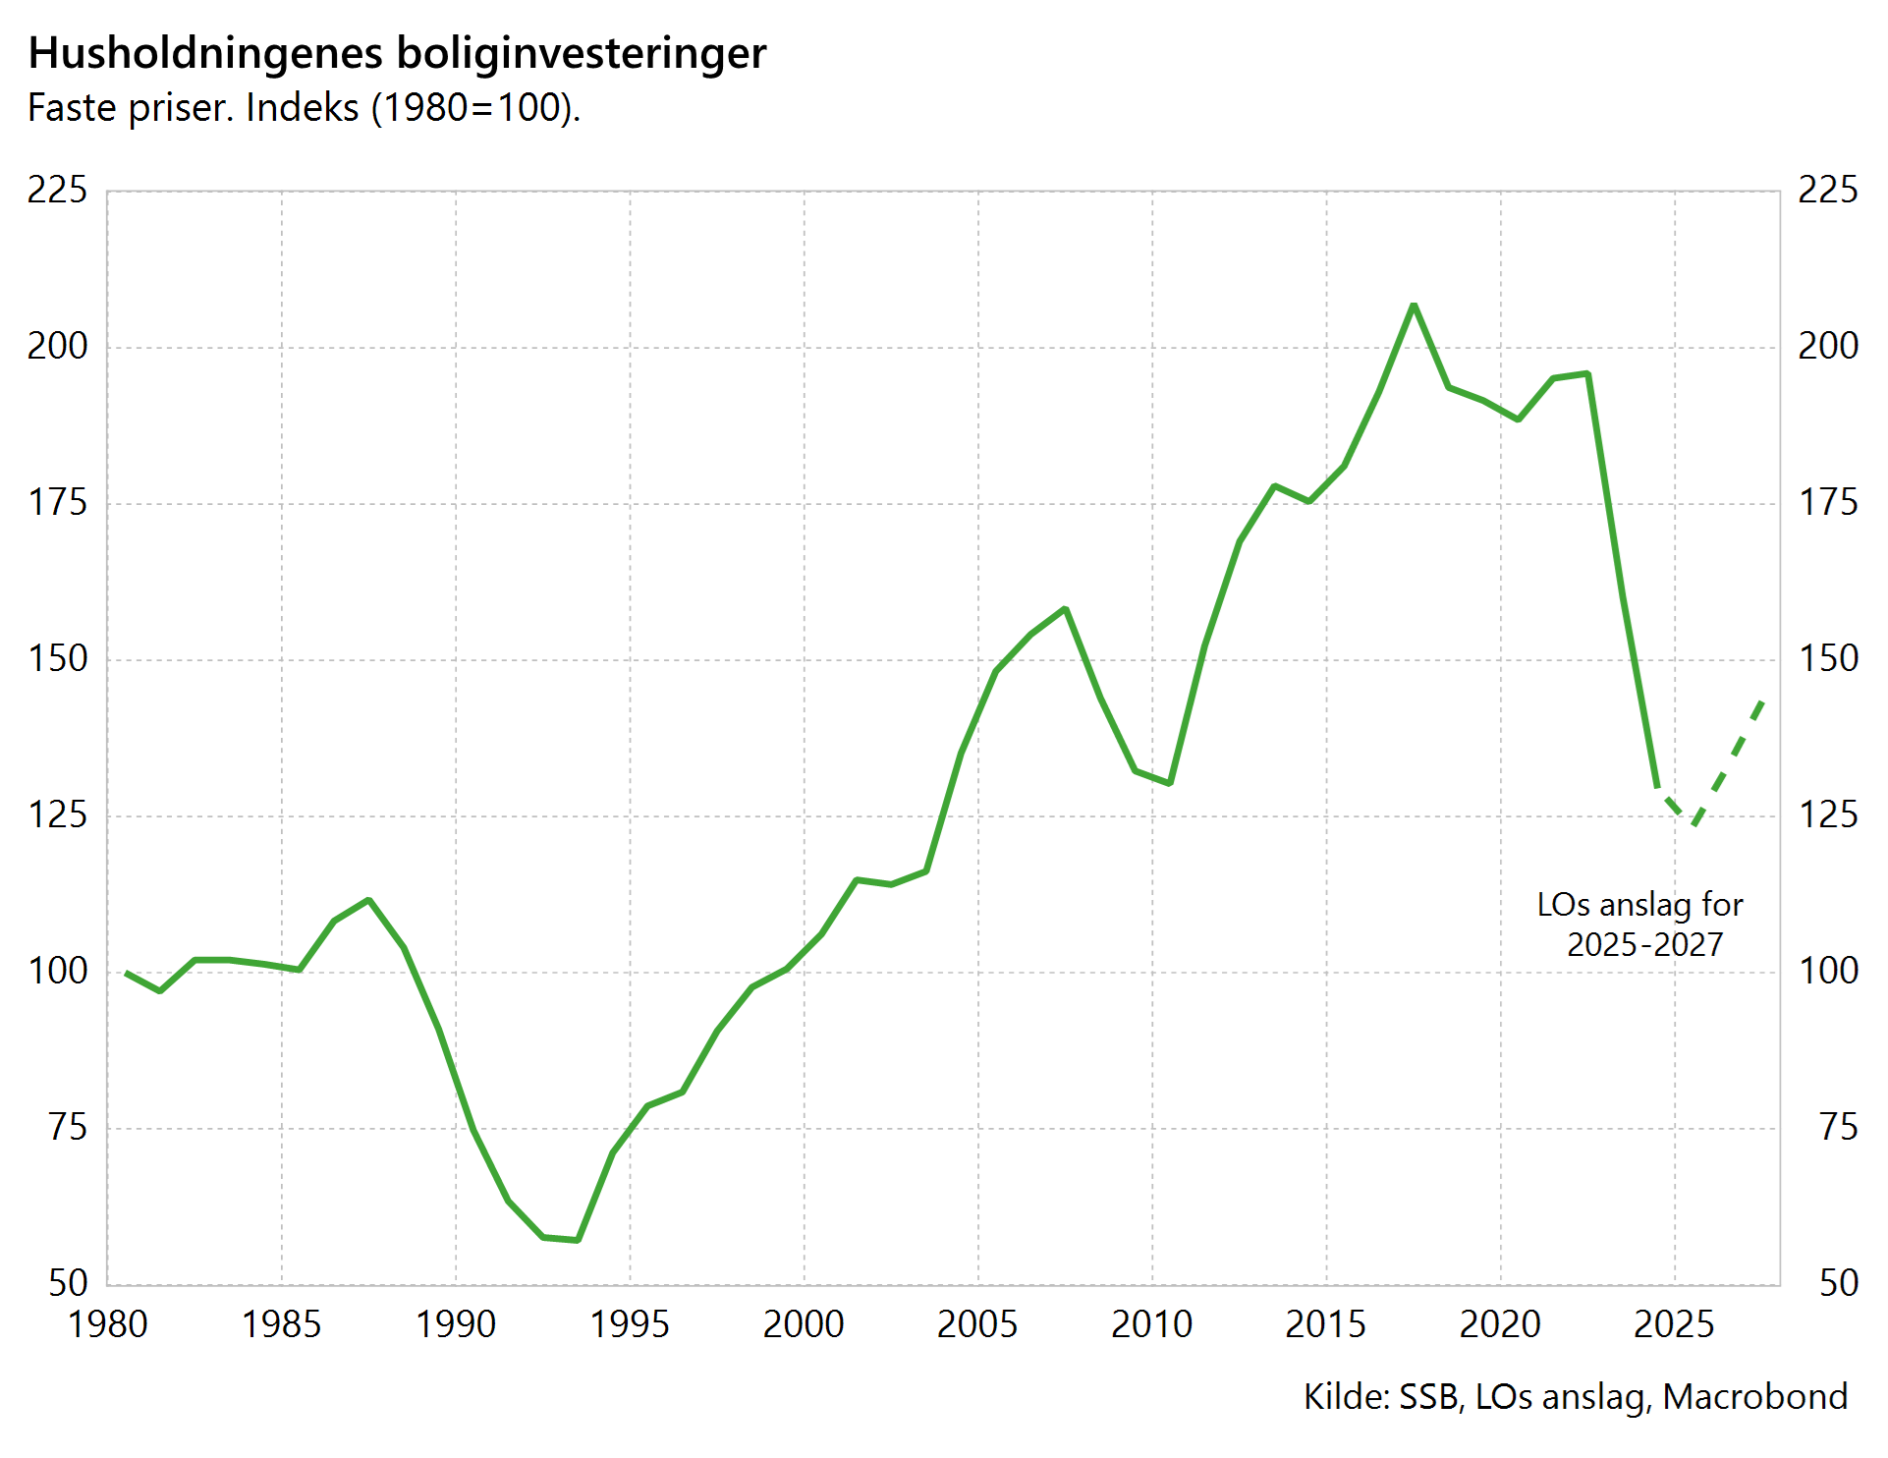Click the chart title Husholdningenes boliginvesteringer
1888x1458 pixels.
pyautogui.click(x=397, y=53)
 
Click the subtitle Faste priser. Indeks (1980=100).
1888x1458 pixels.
pyautogui.click(x=305, y=108)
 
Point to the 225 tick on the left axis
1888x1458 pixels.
pyautogui.click(x=57, y=190)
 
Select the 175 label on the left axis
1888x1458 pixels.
pyautogui.click(x=57, y=502)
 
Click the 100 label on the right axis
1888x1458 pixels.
pyautogui.click(x=1827, y=971)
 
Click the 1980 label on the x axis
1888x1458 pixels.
pyautogui.click(x=107, y=1324)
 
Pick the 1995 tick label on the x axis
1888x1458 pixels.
pyautogui.click(x=629, y=1324)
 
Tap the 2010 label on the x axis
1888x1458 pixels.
pyautogui.click(x=1151, y=1324)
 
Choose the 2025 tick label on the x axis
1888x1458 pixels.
pyautogui.click(x=1673, y=1324)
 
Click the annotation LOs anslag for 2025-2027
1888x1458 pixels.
pyautogui.click(x=1640, y=924)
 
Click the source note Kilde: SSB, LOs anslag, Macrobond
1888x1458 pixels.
pyautogui.click(x=1575, y=1396)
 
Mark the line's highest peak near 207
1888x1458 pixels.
pyautogui.click(x=1414, y=305)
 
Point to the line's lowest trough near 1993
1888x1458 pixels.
pyautogui.click(x=578, y=1240)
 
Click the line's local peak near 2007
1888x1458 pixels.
pyautogui.click(x=1065, y=609)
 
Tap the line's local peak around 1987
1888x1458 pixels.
pyautogui.click(x=368, y=900)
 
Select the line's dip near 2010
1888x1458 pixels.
pyautogui.click(x=1170, y=783)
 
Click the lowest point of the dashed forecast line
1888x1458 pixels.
pyautogui.click(x=1694, y=823)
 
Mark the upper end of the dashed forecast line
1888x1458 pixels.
pyautogui.click(x=1764, y=700)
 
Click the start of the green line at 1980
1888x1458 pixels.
pyautogui.click(x=126, y=973)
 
